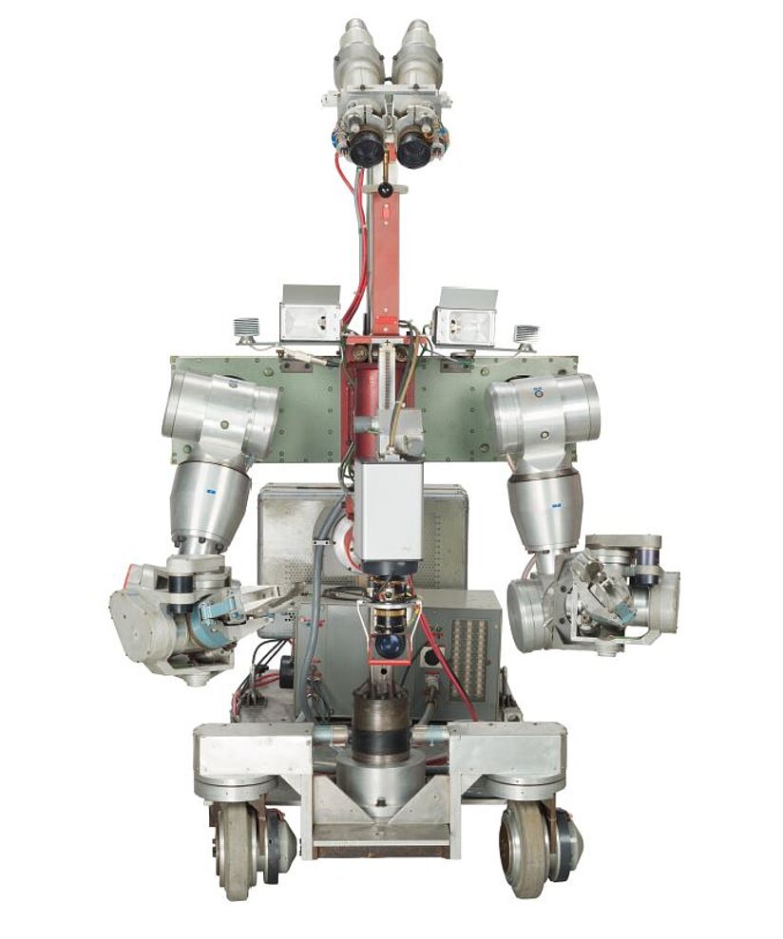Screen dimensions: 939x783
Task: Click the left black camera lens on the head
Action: coord(365,149)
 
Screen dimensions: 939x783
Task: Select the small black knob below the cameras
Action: coord(386,190)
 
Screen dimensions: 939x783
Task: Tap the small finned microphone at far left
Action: coord(246,331)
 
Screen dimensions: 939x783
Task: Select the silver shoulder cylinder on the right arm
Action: coord(546,411)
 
